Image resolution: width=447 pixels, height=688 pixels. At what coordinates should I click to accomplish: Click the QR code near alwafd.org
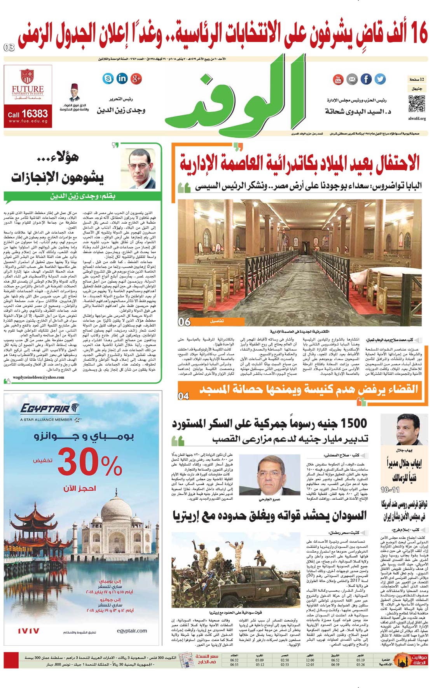416,104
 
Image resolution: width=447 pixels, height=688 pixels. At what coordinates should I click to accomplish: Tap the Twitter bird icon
380,79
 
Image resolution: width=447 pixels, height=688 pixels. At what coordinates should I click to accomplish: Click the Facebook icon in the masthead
366,79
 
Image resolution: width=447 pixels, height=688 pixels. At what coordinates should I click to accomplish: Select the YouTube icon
338,79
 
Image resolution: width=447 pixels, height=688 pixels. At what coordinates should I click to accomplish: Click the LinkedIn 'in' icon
122,78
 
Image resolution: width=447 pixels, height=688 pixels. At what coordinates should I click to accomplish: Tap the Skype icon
108,78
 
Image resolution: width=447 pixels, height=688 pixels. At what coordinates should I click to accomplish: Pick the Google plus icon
136,78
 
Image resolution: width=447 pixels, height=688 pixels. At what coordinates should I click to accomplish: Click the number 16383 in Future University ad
34,114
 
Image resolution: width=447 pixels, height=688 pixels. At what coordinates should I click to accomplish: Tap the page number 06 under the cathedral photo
184,321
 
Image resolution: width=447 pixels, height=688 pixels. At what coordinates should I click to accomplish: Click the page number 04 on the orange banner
183,396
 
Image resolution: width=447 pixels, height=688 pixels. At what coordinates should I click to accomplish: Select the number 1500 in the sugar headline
348,423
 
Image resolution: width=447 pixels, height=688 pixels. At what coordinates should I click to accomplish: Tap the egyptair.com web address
132,631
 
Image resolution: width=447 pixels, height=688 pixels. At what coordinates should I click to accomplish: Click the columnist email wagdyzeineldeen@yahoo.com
38,377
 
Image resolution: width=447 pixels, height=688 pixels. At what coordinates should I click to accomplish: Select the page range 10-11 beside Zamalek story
390,490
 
